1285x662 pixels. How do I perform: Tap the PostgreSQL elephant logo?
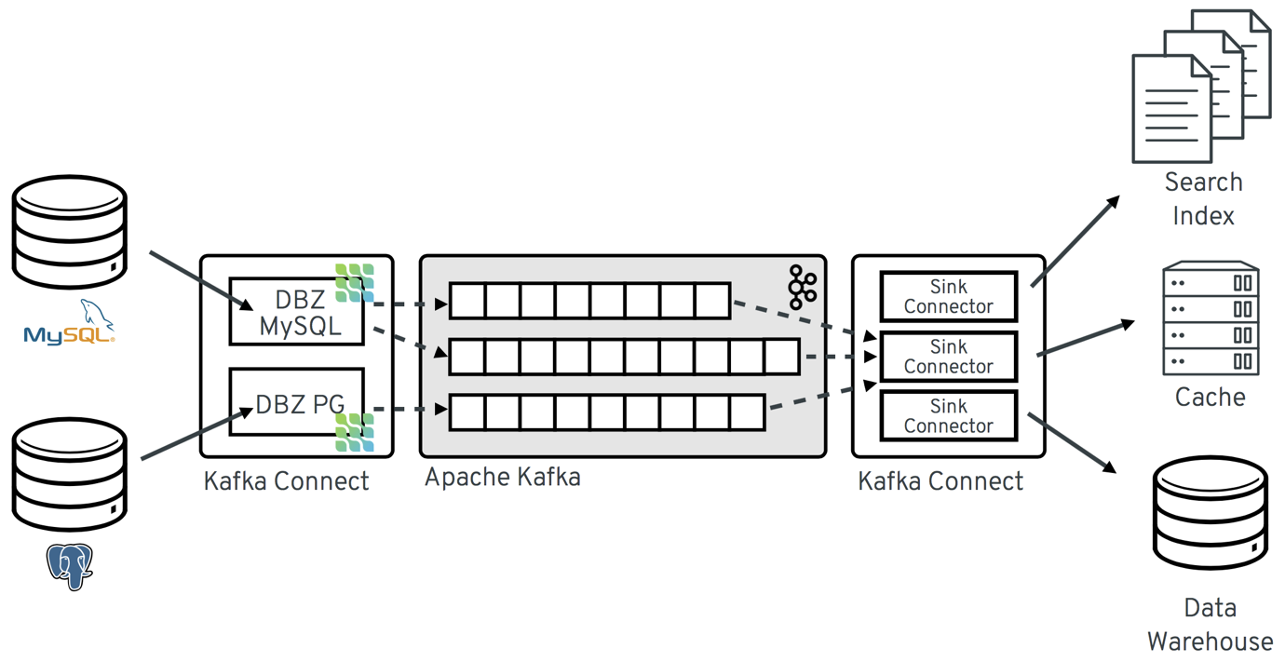point(70,565)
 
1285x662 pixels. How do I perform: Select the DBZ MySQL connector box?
point(296,312)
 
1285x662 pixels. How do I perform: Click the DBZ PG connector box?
point(296,402)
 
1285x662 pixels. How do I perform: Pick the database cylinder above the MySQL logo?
point(70,232)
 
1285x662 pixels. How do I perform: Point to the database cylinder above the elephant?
point(70,474)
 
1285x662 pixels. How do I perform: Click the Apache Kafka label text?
point(503,478)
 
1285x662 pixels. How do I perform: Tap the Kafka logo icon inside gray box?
point(802,287)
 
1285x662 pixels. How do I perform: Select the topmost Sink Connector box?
point(948,296)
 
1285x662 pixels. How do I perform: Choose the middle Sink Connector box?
point(948,357)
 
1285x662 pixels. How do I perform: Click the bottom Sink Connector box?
point(948,416)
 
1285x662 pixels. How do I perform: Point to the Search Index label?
point(1203,199)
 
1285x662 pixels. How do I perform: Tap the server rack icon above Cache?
point(1210,318)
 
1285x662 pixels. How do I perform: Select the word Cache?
point(1210,398)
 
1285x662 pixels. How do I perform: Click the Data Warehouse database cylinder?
point(1210,512)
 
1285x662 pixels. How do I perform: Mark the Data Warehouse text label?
point(1210,625)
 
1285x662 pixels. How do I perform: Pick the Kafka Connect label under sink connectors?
point(940,481)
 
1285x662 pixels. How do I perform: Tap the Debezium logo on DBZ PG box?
point(355,432)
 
